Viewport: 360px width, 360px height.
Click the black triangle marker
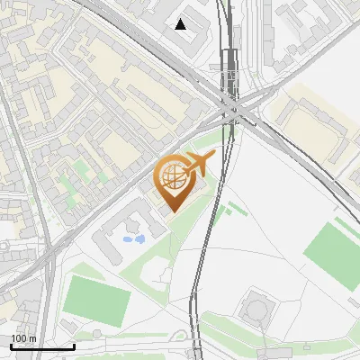click(x=181, y=24)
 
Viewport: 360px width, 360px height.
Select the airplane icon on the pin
click(x=198, y=164)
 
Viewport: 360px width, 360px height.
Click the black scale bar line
click(x=42, y=347)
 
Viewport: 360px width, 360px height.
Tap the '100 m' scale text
click(x=23, y=338)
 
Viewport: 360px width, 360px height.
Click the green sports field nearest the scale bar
click(x=95, y=301)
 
